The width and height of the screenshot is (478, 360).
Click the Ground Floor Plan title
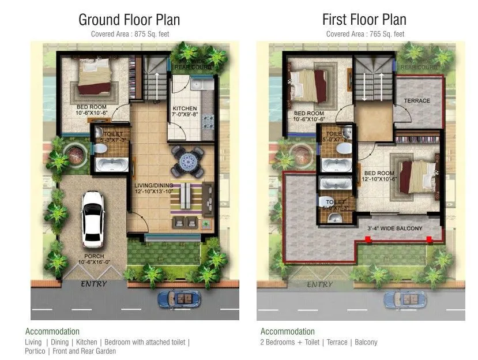tap(129, 20)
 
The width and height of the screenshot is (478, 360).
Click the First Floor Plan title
tap(364, 20)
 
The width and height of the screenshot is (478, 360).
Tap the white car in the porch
tap(93, 218)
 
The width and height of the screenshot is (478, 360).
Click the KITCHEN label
tap(185, 108)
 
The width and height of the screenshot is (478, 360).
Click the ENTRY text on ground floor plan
tap(93, 284)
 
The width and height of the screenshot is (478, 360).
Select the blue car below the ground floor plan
tap(179, 299)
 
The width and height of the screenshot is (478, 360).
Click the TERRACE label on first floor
tap(416, 100)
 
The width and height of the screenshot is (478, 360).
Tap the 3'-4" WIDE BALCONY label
tap(395, 228)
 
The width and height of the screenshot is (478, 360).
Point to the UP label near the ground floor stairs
tap(156, 102)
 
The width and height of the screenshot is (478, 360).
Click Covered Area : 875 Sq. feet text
tap(129, 34)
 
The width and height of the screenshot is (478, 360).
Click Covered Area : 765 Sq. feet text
tap(365, 34)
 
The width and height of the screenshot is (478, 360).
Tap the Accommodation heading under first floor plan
tap(287, 332)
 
